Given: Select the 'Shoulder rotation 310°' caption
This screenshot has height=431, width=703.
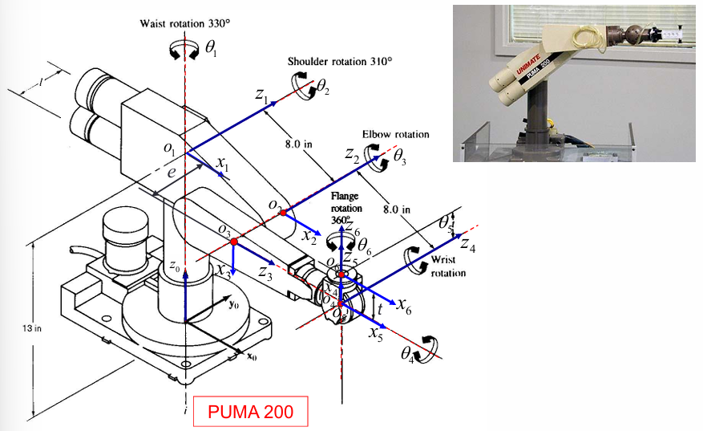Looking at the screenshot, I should pyautogui.click(x=341, y=61).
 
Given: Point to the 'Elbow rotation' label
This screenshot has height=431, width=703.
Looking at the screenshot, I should pyautogui.click(x=395, y=134).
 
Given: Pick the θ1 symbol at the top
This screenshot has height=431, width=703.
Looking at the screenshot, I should pyautogui.click(x=211, y=50).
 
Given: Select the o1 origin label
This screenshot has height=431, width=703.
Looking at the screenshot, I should pyautogui.click(x=169, y=148).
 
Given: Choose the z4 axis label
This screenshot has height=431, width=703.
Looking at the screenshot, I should pyautogui.click(x=467, y=249).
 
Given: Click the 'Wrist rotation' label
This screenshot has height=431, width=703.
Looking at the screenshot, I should pyautogui.click(x=449, y=266).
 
